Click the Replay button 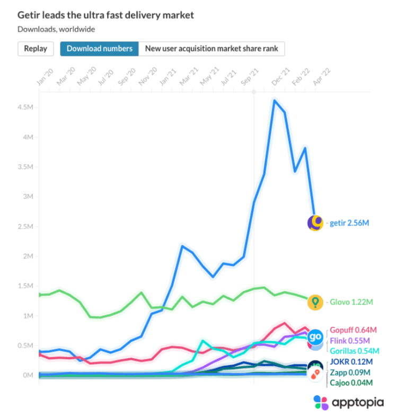[x=36, y=49]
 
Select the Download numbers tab [x=99, y=49]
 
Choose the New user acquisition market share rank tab [x=212, y=49]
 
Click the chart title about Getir [x=105, y=15]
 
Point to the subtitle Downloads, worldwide [x=56, y=29]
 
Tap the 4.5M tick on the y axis [x=25, y=107]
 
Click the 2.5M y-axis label [x=25, y=227]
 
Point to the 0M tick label [x=28, y=375]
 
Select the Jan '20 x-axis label [x=45, y=77]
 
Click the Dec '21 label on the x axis [x=280, y=77]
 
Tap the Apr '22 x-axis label [x=321, y=77]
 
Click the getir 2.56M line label [x=349, y=223]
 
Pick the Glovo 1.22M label [x=351, y=302]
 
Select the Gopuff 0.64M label [x=353, y=330]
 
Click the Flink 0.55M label [x=350, y=341]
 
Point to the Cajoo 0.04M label [x=351, y=383]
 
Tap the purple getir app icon [x=315, y=223]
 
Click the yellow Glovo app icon [x=315, y=303]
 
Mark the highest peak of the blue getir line [x=275, y=100]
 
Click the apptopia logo [x=349, y=402]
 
